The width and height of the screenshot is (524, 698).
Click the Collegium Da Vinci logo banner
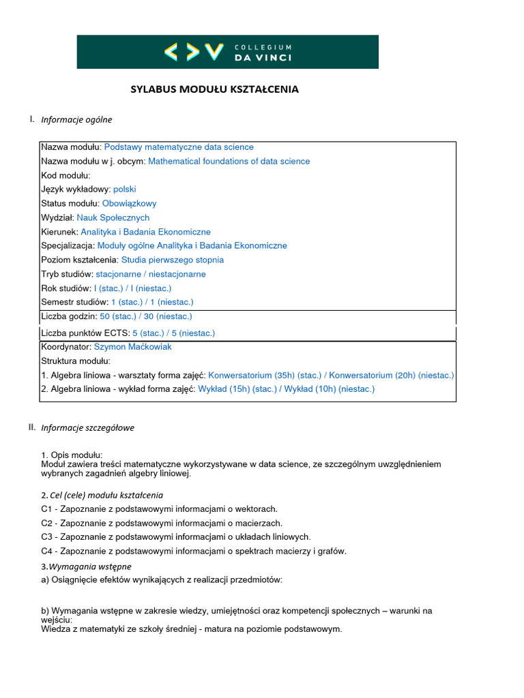(227, 52)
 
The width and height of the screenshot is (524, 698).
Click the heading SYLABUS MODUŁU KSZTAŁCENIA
(214, 89)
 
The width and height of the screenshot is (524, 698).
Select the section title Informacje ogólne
(76, 120)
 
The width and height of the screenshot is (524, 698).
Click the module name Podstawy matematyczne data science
(179, 147)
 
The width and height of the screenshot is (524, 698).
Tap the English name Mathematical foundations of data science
(229, 162)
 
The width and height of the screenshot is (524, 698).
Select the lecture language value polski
(125, 189)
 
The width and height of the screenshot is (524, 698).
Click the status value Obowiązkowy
(129, 204)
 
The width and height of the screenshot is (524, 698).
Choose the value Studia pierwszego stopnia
(172, 260)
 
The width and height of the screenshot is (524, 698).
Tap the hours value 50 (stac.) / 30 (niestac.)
(146, 316)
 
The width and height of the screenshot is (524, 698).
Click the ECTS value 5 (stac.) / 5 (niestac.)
(173, 333)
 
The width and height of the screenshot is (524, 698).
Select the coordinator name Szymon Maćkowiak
(132, 347)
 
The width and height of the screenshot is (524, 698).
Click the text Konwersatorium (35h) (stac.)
(265, 376)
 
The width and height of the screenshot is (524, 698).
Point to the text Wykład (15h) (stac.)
(237, 389)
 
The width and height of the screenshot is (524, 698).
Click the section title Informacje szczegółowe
(87, 428)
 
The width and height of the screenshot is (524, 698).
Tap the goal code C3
(47, 537)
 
